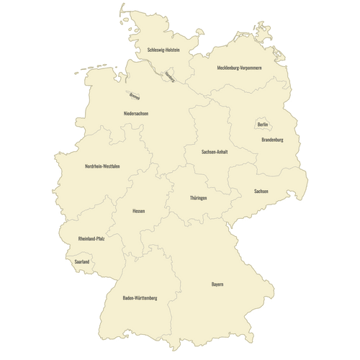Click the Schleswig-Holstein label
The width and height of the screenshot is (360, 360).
[x=163, y=50]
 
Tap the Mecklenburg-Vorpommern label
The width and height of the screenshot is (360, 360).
[x=239, y=68]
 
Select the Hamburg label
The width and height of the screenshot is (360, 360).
[x=170, y=76]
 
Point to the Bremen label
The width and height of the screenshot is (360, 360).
[x=135, y=96]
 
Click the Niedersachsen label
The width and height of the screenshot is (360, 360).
[x=136, y=114]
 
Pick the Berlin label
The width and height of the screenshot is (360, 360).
[x=263, y=125]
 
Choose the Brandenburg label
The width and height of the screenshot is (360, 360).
[x=272, y=140]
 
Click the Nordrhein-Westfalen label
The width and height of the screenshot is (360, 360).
[x=102, y=166]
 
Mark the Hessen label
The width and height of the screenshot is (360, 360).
[x=139, y=211]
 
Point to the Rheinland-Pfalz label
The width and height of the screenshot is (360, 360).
[x=91, y=238]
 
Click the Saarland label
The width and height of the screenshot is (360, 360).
[x=81, y=262]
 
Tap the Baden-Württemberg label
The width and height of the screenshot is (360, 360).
[x=140, y=297]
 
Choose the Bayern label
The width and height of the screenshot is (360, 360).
[x=217, y=284]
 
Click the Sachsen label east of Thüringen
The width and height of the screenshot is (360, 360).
[x=261, y=191]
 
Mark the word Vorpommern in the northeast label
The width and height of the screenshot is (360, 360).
[x=249, y=68]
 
